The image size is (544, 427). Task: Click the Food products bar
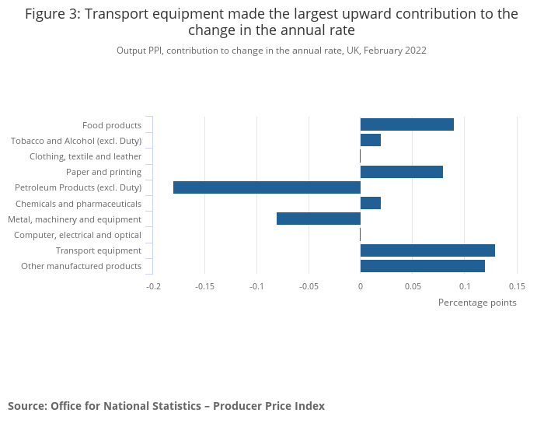[406, 124]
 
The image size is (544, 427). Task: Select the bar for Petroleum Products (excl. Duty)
[267, 187]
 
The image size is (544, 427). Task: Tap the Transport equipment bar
[427, 250]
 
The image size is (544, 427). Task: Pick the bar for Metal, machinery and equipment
[319, 219]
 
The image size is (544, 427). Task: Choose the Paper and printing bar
[401, 172]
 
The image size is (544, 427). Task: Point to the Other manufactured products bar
[422, 266]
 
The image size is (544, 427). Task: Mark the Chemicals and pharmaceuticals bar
[371, 203]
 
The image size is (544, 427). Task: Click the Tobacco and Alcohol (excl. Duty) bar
[371, 140]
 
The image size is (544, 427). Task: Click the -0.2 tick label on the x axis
[153, 286]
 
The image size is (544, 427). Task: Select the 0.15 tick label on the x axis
[516, 286]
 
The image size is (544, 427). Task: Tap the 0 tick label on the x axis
[361, 286]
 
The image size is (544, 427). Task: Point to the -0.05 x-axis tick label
[309, 286]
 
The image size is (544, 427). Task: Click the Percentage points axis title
[477, 303]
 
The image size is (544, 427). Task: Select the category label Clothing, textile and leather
[85, 156]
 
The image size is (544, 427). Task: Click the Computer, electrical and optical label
[78, 235]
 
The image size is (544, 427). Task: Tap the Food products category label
[112, 125]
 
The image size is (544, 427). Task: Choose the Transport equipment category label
[99, 250]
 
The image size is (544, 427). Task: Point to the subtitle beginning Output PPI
[271, 51]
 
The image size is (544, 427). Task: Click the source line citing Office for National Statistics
[166, 406]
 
